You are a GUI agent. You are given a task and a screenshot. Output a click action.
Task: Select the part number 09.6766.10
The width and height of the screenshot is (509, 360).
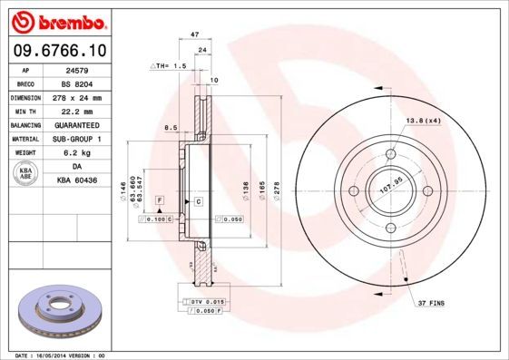click(x=58, y=49)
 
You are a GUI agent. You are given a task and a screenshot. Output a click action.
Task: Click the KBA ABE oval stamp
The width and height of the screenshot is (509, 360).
click(x=25, y=174)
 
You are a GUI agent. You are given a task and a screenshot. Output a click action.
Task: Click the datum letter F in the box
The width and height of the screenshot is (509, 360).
click(x=160, y=198)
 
